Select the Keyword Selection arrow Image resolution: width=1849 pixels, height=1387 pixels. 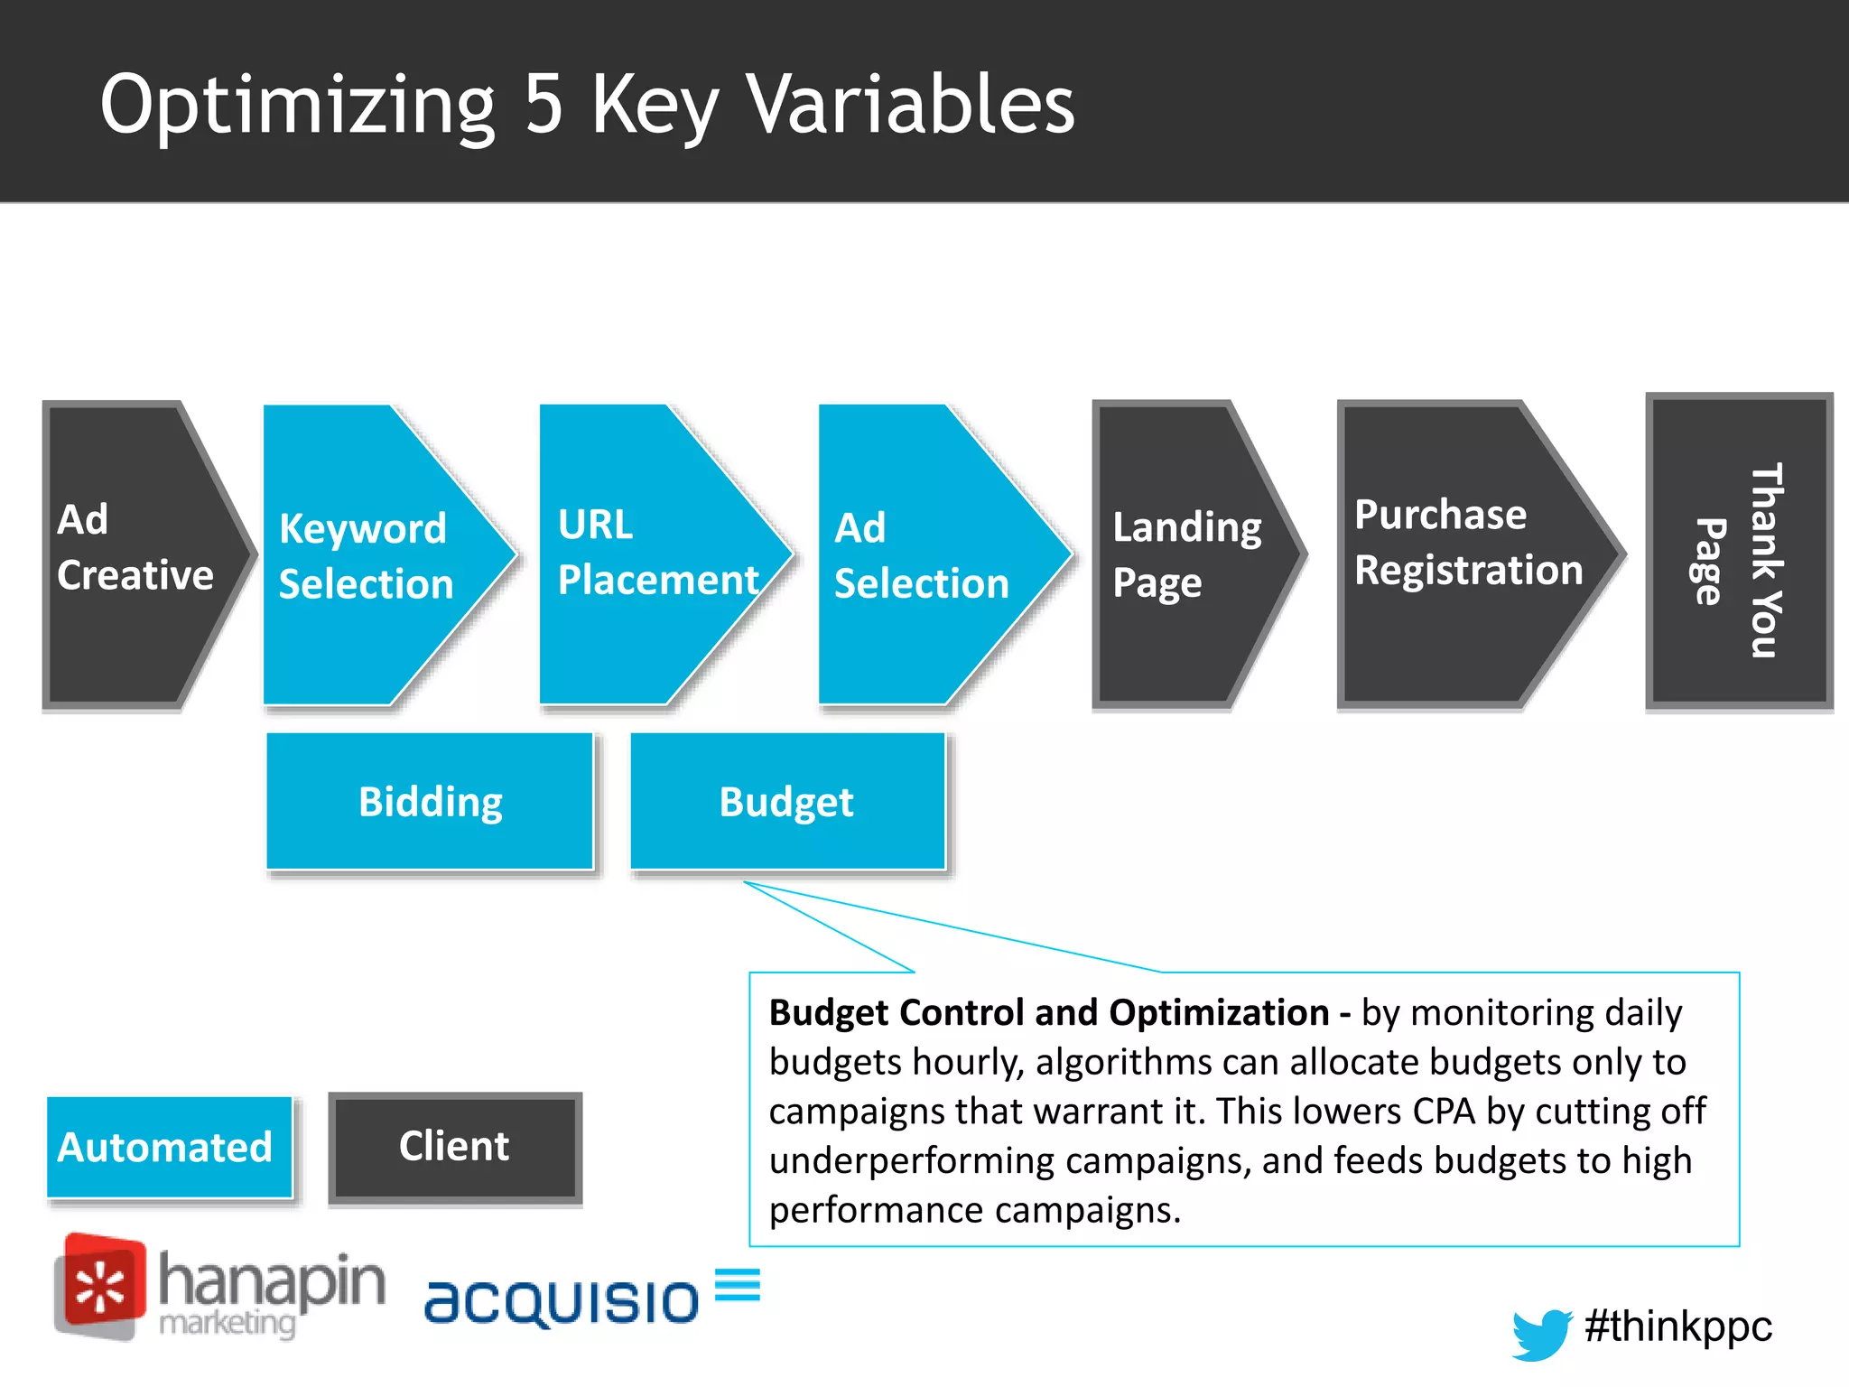pyautogui.click(x=370, y=554)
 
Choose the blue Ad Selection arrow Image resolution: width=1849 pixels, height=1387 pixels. pyautogui.click(x=925, y=554)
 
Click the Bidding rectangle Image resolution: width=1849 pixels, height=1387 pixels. pyautogui.click(x=430, y=802)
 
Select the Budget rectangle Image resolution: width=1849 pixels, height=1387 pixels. pyautogui.click(x=787, y=802)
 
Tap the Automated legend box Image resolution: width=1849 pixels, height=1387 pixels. pyautogui.click(x=169, y=1148)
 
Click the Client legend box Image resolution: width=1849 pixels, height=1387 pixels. pyautogui.click(x=454, y=1148)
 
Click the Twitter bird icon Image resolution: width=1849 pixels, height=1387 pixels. pyautogui.click(x=1541, y=1333)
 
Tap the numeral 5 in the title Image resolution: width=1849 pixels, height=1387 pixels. pyautogui.click(x=544, y=104)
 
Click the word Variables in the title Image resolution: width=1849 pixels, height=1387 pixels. pyautogui.click(x=912, y=104)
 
